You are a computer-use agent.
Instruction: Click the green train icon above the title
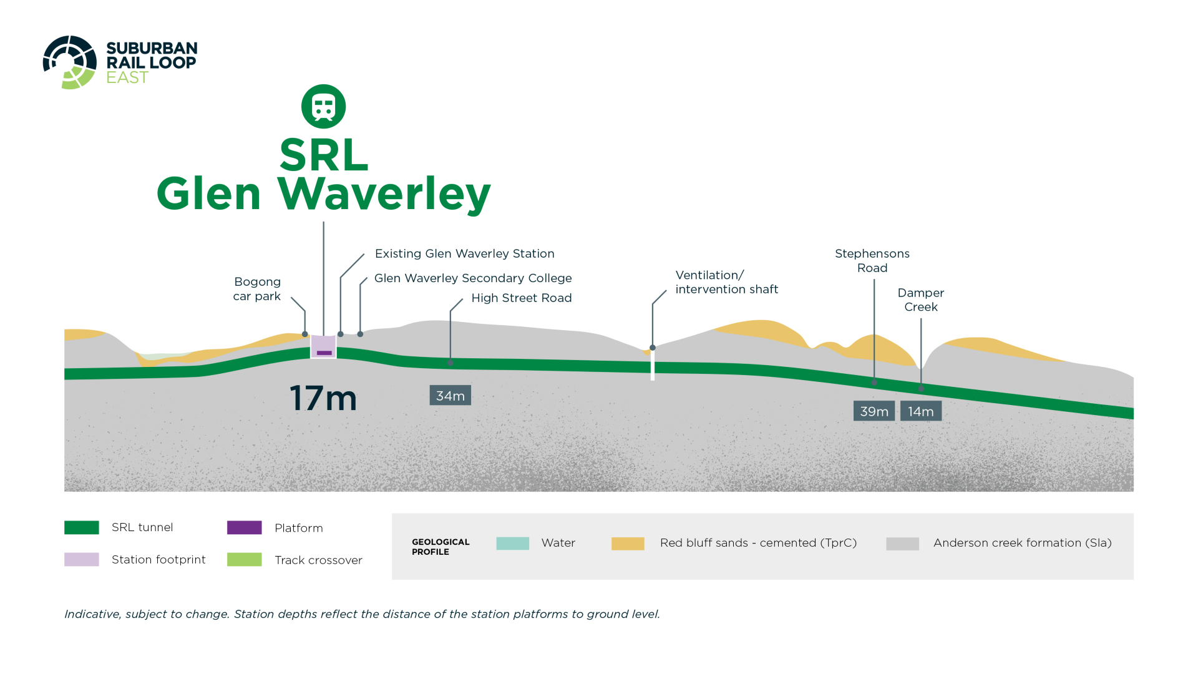(323, 107)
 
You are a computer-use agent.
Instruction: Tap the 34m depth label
(450, 396)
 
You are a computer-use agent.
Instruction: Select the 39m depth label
(874, 411)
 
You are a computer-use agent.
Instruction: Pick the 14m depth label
(921, 411)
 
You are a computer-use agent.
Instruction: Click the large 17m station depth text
(323, 398)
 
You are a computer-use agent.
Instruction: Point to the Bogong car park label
(257, 289)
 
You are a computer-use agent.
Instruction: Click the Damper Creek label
(921, 300)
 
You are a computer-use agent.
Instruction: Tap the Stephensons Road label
(872, 261)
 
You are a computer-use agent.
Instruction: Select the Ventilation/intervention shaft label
(727, 282)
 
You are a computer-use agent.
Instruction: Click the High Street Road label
(522, 298)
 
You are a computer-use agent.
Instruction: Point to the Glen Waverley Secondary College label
(473, 278)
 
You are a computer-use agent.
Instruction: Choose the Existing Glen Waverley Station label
(465, 253)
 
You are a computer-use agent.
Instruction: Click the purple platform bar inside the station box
(324, 353)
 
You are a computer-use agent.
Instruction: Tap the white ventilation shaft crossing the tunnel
(653, 365)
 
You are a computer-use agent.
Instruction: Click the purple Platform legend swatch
(245, 528)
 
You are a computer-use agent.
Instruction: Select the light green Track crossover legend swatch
(245, 560)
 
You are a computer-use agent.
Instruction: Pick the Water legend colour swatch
(513, 544)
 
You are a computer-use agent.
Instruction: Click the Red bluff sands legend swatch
(628, 544)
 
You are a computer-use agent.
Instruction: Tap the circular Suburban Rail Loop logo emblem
(70, 62)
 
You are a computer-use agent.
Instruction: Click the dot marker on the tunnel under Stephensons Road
(874, 382)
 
